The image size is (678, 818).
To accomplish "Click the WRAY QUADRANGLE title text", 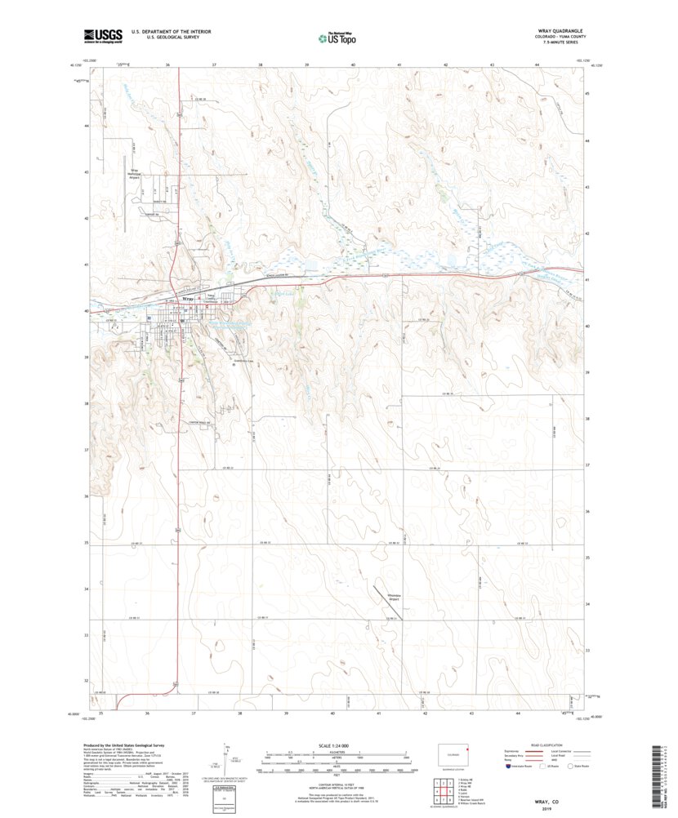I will (559, 31).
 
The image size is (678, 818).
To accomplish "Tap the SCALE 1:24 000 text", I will (337, 745).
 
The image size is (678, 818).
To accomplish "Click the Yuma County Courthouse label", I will (216, 300).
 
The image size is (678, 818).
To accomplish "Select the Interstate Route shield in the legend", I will (510, 767).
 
